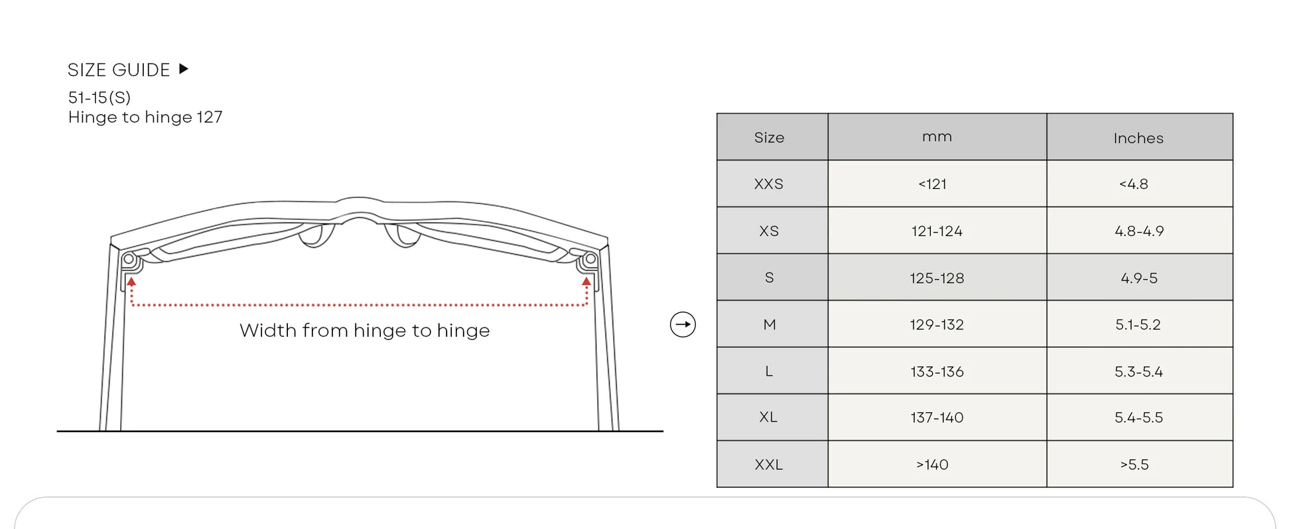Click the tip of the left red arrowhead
point(131,278)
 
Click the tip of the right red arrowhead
point(586,278)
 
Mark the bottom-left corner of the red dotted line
point(132,305)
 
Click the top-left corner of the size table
point(717,113)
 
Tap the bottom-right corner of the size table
point(1233,487)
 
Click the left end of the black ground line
point(57,431)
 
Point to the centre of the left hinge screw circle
point(129,259)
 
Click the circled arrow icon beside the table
point(683,324)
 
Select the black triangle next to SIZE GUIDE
point(184,69)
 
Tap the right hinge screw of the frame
point(590,259)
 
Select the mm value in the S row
point(937,278)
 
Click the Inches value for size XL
point(1138,418)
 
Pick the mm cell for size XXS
point(937,184)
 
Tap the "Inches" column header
point(1138,138)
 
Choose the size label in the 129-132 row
point(770,324)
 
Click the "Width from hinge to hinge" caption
point(365,330)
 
